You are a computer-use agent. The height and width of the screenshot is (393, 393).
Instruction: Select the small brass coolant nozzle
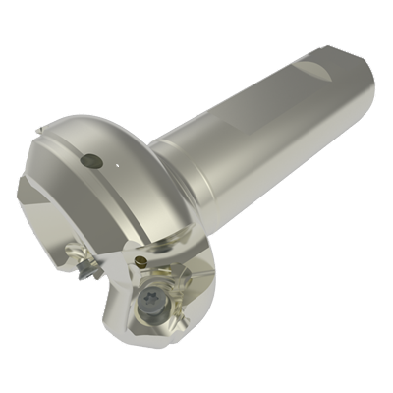tap(143, 260)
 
